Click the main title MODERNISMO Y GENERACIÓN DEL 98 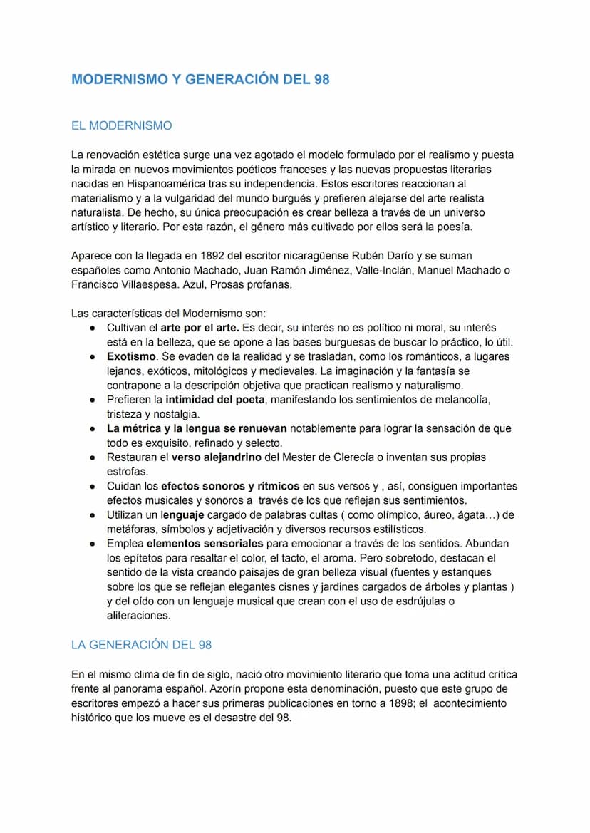200,80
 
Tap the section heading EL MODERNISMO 121,126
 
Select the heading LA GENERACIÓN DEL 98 141,645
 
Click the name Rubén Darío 412,255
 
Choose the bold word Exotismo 132,356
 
